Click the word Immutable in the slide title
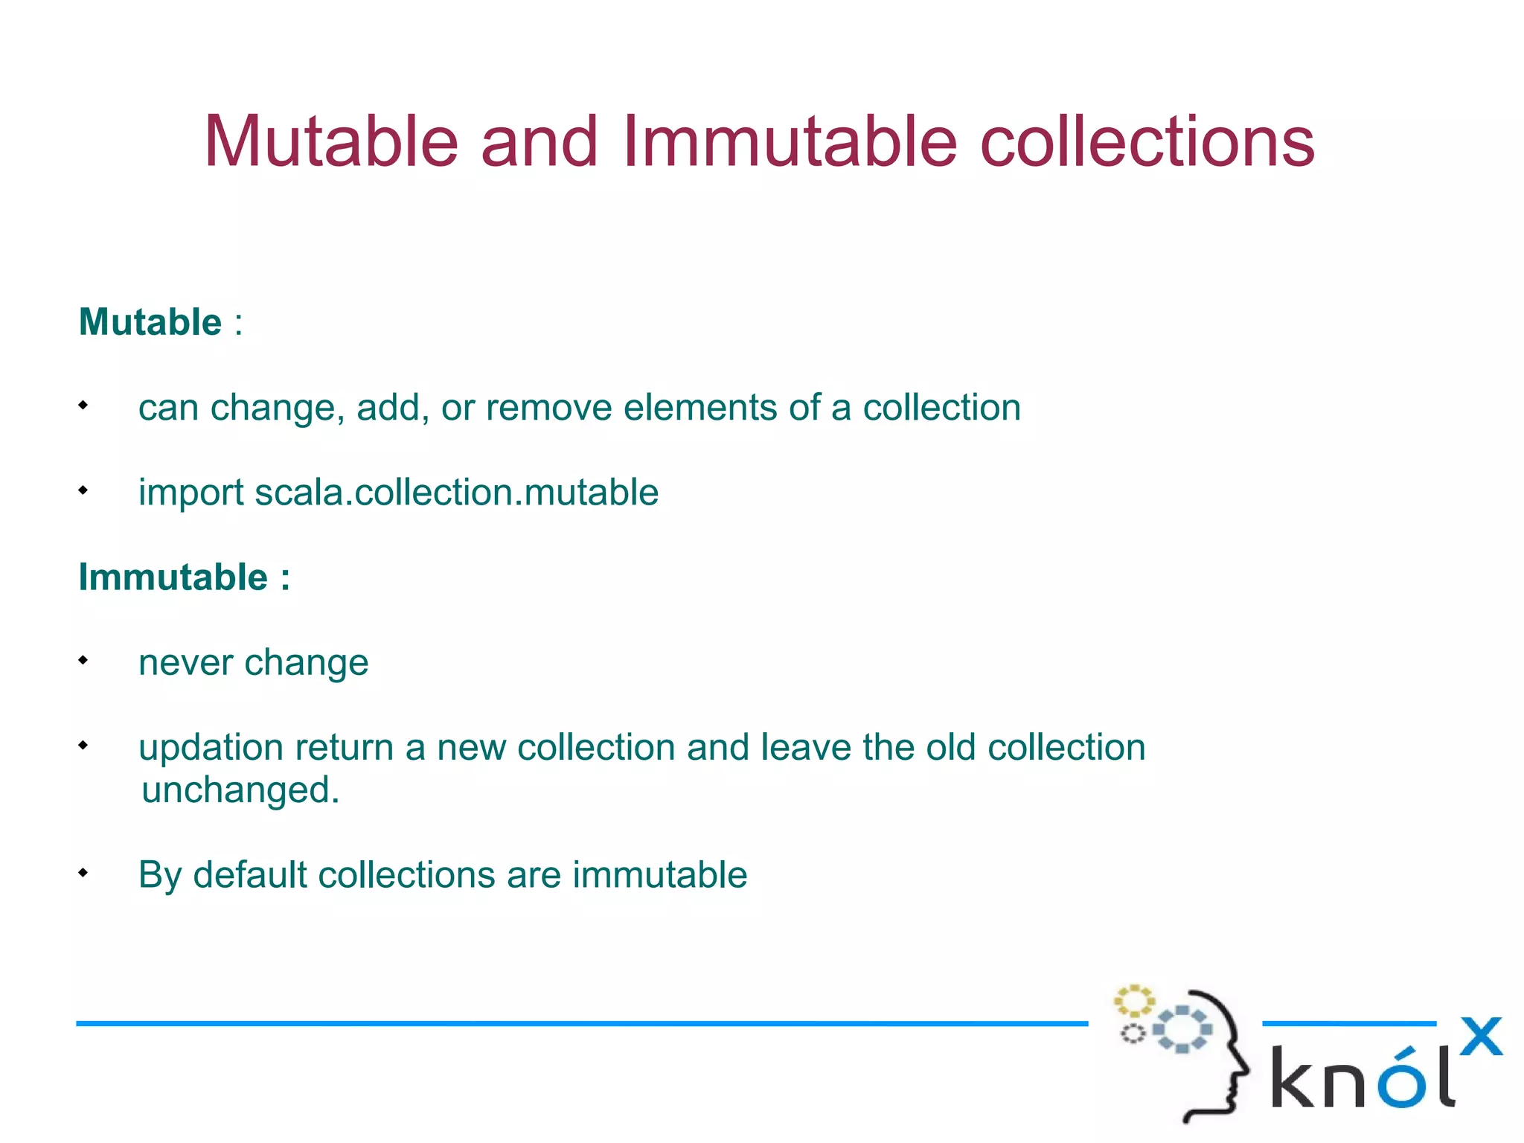(789, 141)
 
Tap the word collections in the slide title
(1147, 141)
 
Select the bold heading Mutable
(150, 322)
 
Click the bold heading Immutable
(173, 577)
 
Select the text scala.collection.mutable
(456, 493)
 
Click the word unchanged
(240, 790)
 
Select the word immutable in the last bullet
(659, 875)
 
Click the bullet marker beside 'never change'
(83, 660)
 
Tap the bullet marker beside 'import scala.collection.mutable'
(83, 490)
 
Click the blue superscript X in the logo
(1480, 1036)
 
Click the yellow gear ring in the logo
(1133, 1001)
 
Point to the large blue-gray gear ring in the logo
(1182, 1030)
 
